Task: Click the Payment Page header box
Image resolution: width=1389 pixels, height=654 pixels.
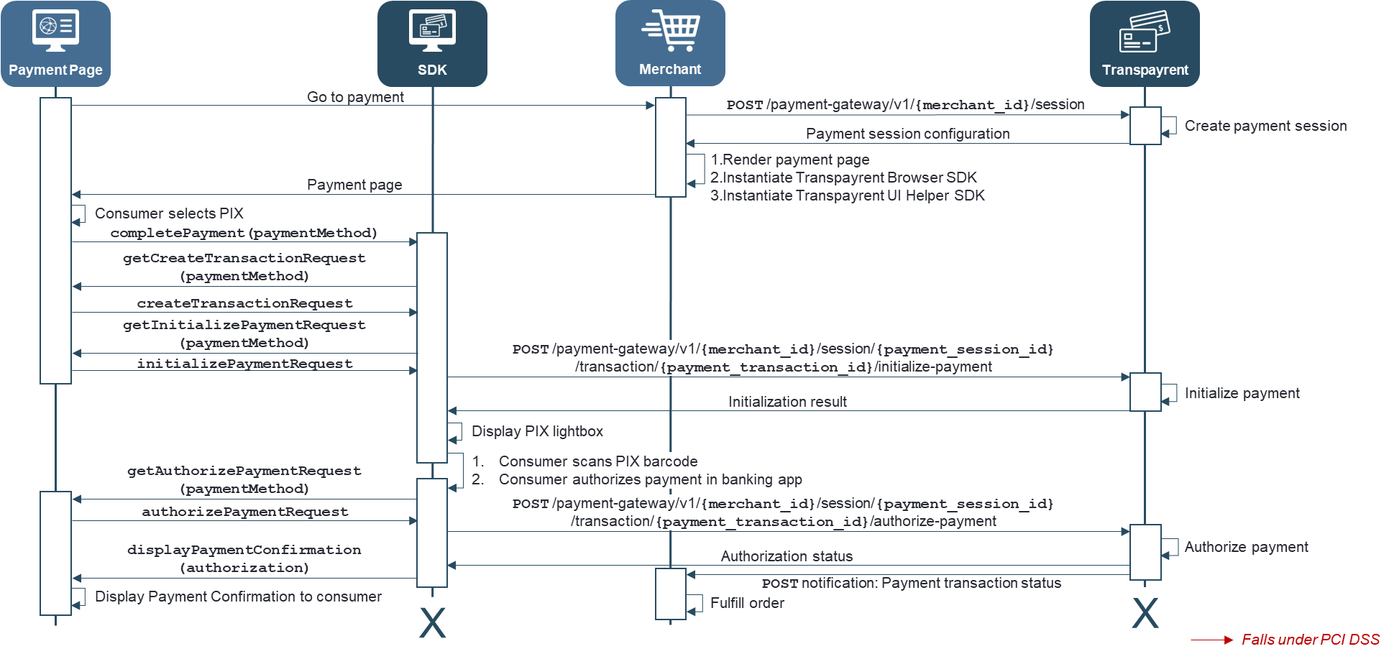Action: [x=55, y=44]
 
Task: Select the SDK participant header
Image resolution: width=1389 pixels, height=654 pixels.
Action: [x=432, y=44]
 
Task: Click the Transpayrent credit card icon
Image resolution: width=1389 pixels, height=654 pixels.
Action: [x=1145, y=32]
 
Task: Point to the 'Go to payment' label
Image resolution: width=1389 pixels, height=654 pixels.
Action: [x=355, y=97]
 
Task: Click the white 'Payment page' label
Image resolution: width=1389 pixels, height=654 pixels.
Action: [x=354, y=185]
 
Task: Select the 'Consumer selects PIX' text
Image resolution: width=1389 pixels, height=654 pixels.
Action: [x=169, y=213]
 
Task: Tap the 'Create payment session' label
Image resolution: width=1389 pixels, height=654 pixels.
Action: [x=1265, y=126]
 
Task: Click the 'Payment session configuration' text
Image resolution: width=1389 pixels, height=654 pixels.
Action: [x=907, y=134]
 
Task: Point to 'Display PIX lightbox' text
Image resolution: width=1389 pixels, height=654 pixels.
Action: [x=537, y=431]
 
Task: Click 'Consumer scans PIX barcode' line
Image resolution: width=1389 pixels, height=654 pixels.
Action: [x=598, y=461]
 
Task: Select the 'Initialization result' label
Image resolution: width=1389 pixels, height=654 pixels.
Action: [x=787, y=402]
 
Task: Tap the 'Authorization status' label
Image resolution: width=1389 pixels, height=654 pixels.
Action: [x=787, y=556]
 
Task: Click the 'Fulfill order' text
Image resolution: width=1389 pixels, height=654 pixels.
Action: [x=747, y=603]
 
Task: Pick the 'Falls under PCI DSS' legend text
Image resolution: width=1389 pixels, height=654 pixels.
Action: [x=1310, y=640]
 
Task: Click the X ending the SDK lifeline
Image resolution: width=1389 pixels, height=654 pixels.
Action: [x=432, y=622]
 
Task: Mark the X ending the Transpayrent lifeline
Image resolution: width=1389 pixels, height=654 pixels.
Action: [x=1145, y=613]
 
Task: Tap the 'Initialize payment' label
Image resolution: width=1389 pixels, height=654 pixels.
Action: [x=1242, y=393]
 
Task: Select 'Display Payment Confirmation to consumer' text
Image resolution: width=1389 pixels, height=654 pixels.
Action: [x=238, y=597]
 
